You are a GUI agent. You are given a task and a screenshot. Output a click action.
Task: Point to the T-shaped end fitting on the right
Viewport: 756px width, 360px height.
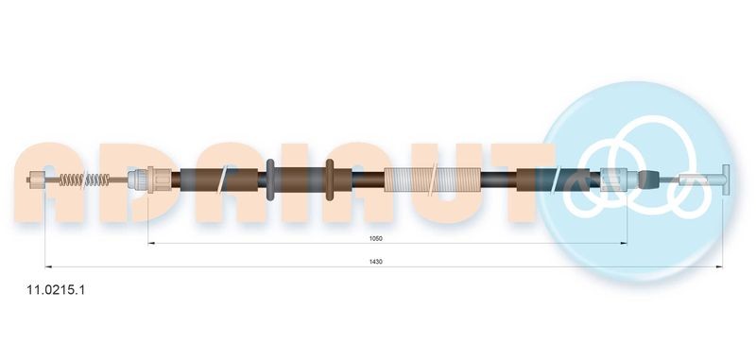(x=723, y=178)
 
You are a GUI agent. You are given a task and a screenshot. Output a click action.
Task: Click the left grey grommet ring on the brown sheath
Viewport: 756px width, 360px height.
(x=270, y=179)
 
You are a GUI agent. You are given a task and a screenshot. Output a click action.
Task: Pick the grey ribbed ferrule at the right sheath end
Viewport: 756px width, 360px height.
(x=614, y=178)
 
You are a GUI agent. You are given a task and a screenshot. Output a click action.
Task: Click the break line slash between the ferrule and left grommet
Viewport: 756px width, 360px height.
(x=222, y=179)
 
